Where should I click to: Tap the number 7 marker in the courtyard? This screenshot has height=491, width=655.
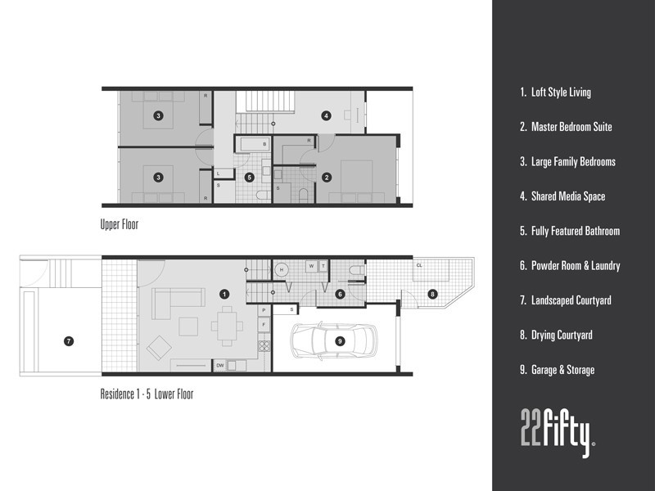point(69,340)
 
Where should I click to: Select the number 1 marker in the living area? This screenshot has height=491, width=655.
point(224,293)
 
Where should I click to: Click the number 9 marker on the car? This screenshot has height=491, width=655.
point(340,340)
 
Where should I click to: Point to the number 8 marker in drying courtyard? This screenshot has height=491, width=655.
point(432,294)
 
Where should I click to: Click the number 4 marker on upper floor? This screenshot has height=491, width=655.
point(326,116)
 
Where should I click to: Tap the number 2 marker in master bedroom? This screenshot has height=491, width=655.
point(326,177)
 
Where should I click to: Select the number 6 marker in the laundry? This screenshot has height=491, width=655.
point(339,294)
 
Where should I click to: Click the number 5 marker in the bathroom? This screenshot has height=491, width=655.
point(250,177)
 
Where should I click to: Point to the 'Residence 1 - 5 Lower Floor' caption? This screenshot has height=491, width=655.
point(147,394)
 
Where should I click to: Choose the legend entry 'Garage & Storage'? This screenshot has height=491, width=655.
point(557,370)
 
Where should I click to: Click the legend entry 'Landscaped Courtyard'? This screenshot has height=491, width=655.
point(565,300)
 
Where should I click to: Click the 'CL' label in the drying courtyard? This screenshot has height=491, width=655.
point(419,265)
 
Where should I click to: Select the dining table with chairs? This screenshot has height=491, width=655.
point(225,324)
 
